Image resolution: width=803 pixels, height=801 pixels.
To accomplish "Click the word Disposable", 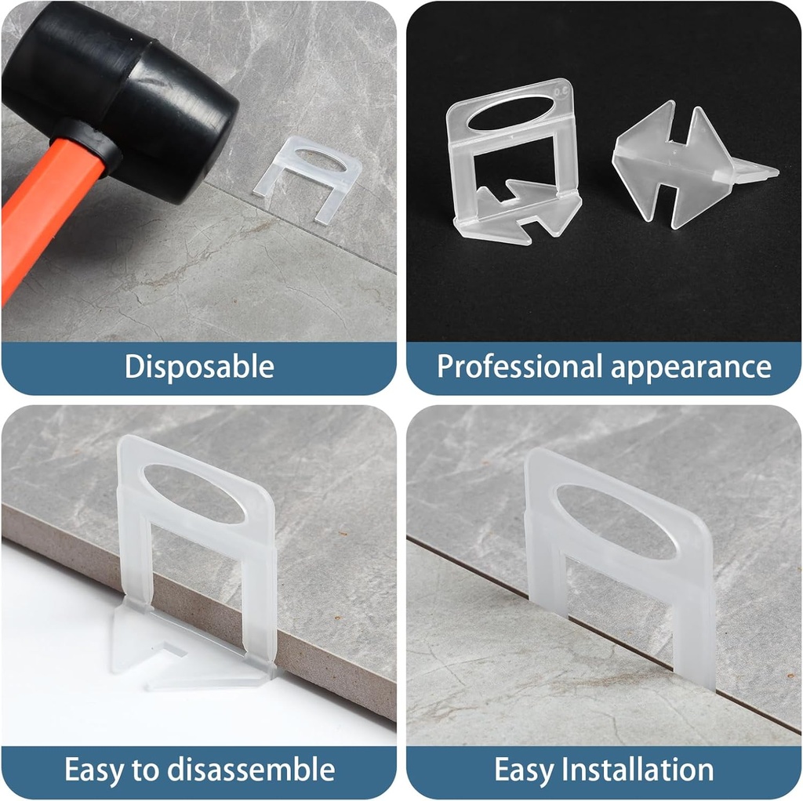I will (199, 367).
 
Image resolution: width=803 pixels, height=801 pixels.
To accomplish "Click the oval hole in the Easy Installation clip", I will (616, 521).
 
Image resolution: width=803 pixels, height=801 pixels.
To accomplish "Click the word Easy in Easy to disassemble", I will (92, 770).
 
